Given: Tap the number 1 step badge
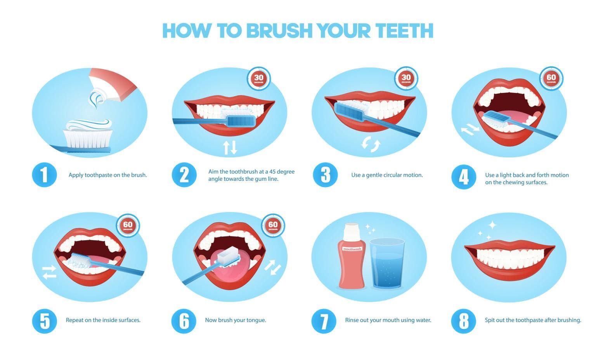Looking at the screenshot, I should pyautogui.click(x=44, y=175).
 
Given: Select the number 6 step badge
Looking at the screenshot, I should pyautogui.click(x=184, y=321).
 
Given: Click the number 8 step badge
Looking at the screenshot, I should pyautogui.click(x=463, y=321).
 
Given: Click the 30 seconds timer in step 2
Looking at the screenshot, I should pyautogui.click(x=259, y=79).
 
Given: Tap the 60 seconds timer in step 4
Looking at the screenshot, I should pyautogui.click(x=551, y=79).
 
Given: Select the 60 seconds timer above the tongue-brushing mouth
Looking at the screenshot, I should pyautogui.click(x=273, y=225).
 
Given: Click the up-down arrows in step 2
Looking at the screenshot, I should pyautogui.click(x=230, y=147).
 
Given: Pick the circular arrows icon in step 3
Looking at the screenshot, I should pyautogui.click(x=371, y=144).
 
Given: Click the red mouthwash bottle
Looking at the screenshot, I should pyautogui.click(x=352, y=264).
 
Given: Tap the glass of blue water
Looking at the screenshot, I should pyautogui.click(x=387, y=264).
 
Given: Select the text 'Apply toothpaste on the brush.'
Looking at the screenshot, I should pyautogui.click(x=107, y=175).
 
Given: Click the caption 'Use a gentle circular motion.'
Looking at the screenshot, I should pyautogui.click(x=387, y=175).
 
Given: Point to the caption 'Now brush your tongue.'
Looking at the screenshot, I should pyautogui.click(x=235, y=320).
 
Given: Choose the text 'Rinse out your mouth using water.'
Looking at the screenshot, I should pyautogui.click(x=388, y=320).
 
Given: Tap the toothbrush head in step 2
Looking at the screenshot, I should pyautogui.click(x=241, y=121).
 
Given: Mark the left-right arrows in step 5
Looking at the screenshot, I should pyautogui.click(x=49, y=272).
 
